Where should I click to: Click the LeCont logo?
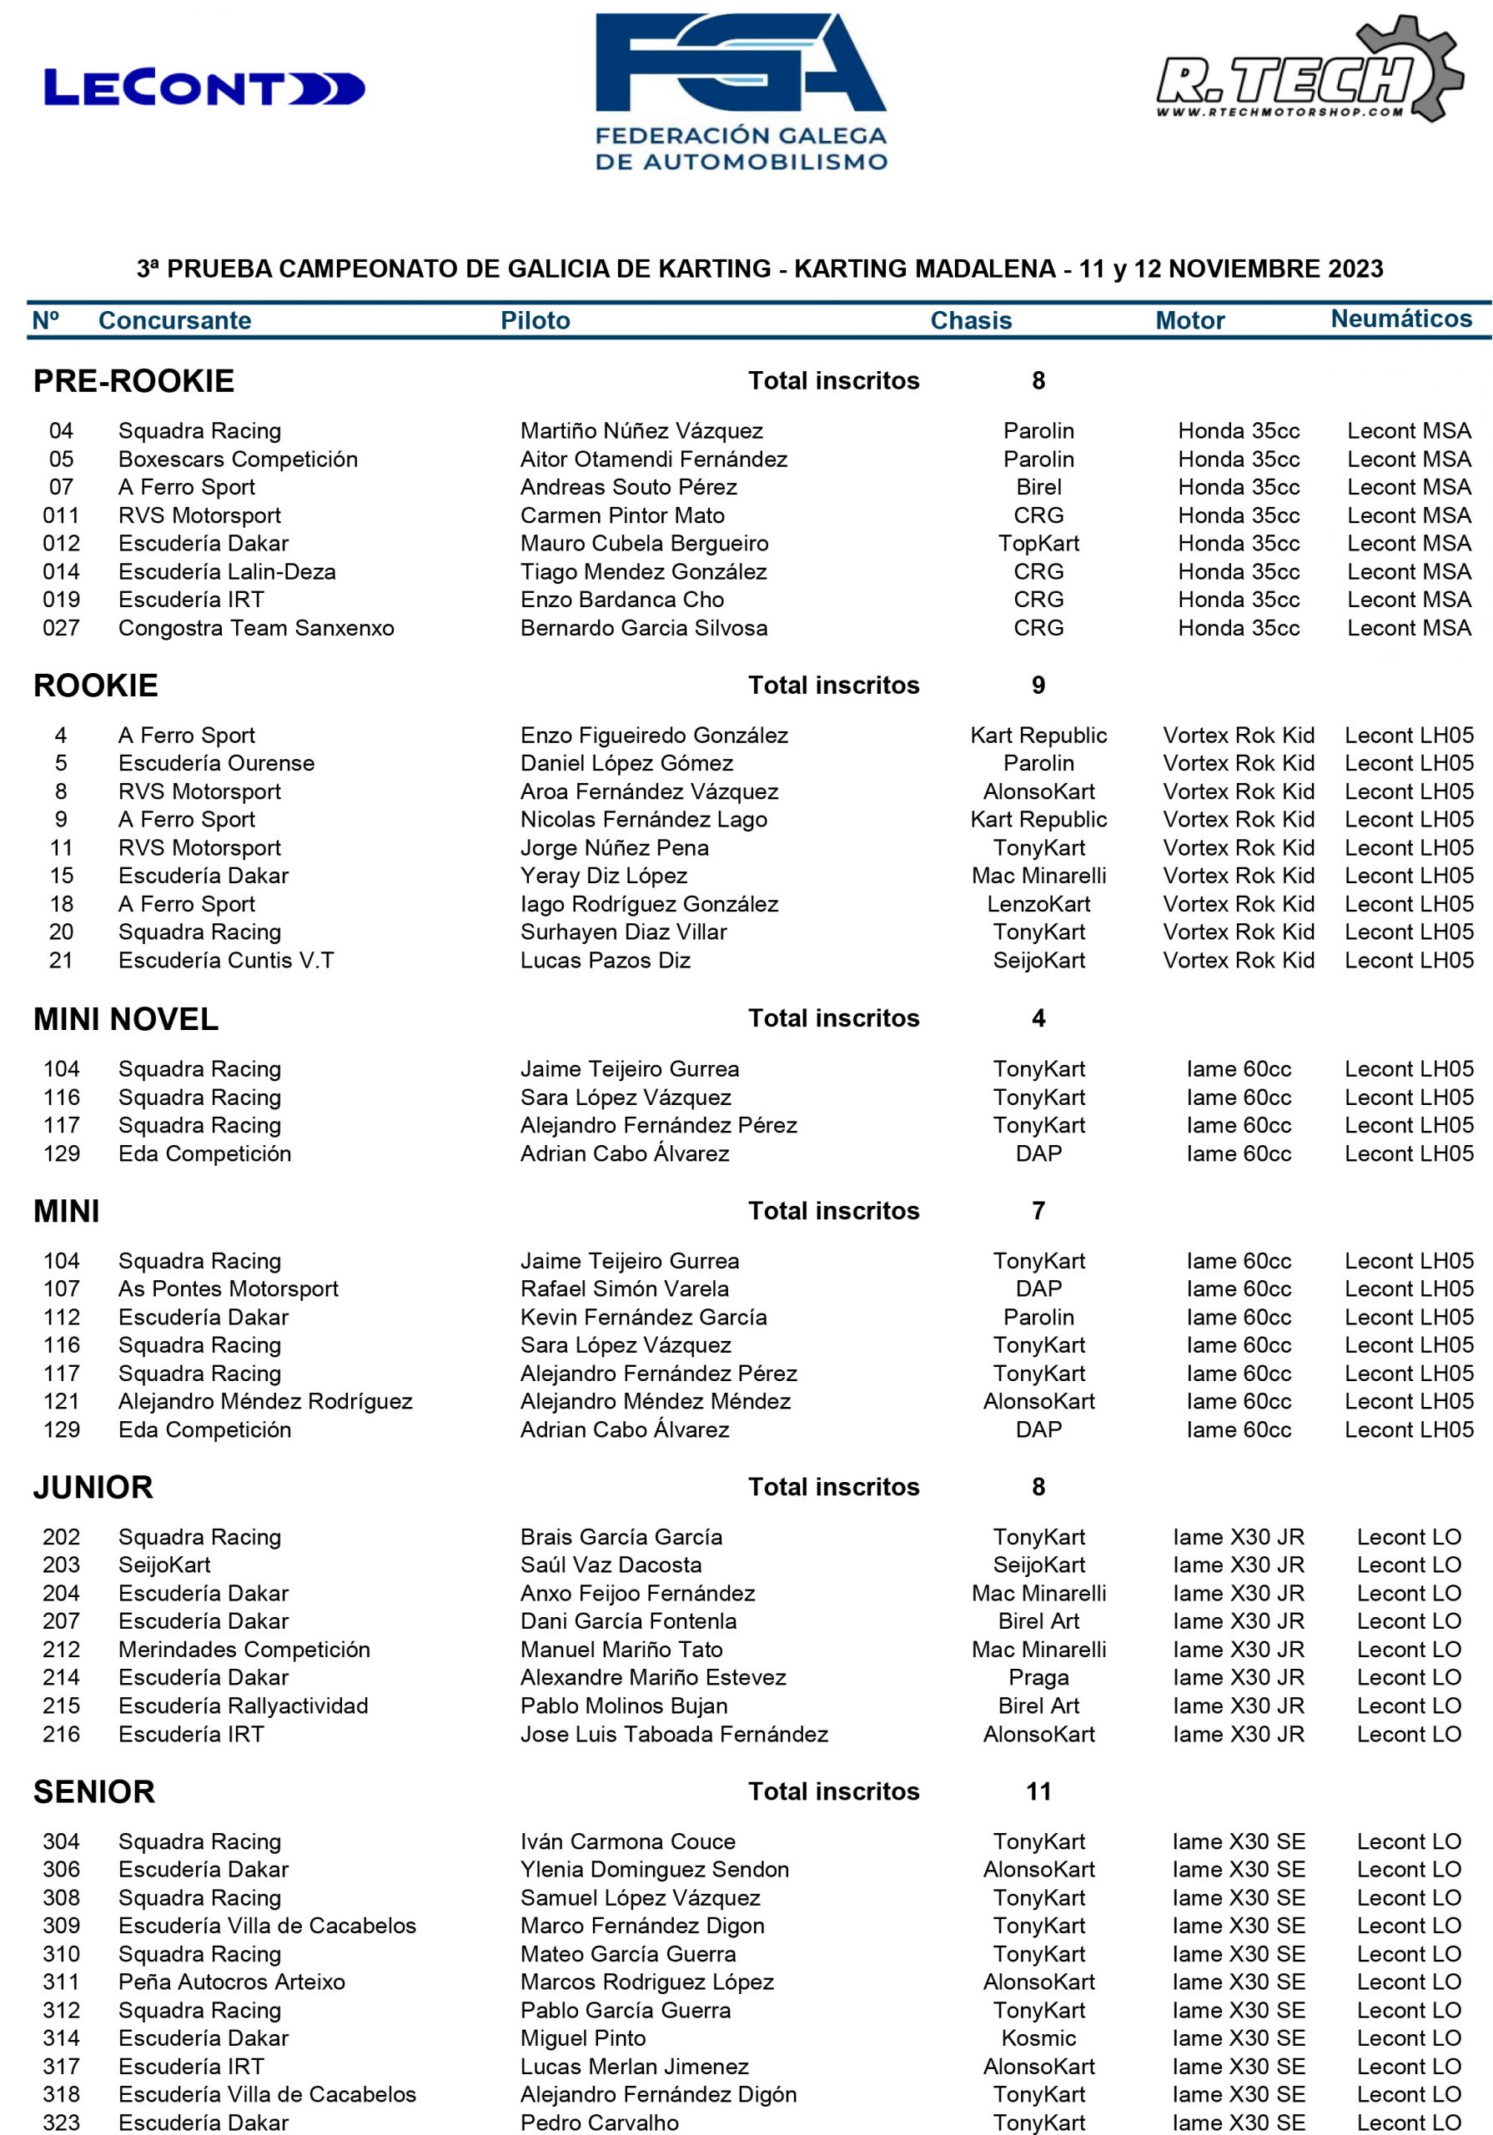[x=204, y=88]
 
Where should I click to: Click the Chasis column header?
[x=970, y=321]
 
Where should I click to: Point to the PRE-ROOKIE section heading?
[x=134, y=381]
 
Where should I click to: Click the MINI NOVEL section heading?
[x=126, y=1019]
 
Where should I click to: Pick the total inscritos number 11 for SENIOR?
[x=1038, y=1792]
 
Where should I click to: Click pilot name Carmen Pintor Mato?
[x=621, y=515]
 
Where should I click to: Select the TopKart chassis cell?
[x=1038, y=543]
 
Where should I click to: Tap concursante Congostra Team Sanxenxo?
[x=256, y=628]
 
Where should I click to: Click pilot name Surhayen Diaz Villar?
[x=623, y=932]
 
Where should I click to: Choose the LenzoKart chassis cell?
[x=1038, y=904]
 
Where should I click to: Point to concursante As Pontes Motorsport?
[x=228, y=1289]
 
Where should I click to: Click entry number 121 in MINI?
[x=62, y=1401]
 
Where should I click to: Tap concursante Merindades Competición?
[x=244, y=1650]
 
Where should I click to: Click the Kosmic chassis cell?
[x=1038, y=2038]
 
